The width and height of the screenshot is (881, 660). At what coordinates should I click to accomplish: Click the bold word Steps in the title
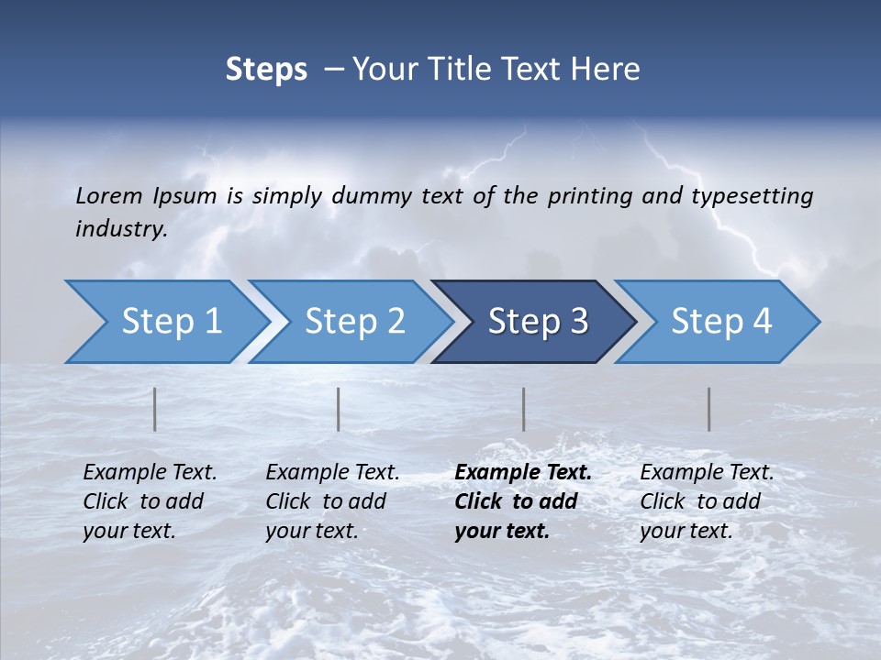(266, 69)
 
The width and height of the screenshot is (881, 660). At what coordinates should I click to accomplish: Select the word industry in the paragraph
(121, 229)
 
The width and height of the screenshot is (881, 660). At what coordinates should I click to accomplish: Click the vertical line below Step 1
(155, 409)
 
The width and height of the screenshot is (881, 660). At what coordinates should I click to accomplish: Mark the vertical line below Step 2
(339, 409)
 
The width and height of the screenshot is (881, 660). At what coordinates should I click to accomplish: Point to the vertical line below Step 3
(524, 409)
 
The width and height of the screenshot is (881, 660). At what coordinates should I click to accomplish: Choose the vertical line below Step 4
(709, 409)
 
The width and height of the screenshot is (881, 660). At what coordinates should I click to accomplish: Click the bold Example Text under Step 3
(523, 473)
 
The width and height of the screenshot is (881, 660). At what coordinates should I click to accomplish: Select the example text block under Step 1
(150, 501)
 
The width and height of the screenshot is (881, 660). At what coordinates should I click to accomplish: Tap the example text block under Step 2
(332, 501)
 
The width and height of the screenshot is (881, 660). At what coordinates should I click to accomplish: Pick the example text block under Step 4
(707, 501)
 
